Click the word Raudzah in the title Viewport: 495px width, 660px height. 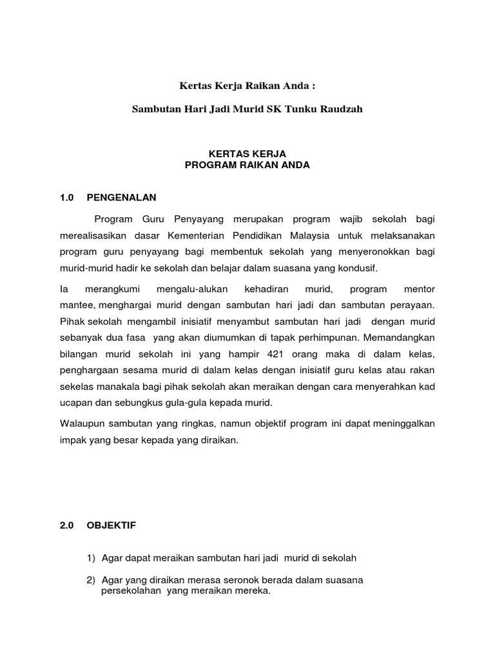coord(341,109)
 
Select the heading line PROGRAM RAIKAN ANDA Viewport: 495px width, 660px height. coord(247,165)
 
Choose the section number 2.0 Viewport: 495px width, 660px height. coord(67,525)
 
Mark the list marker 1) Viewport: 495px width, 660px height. coord(91,558)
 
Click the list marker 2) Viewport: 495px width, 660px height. coord(91,580)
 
